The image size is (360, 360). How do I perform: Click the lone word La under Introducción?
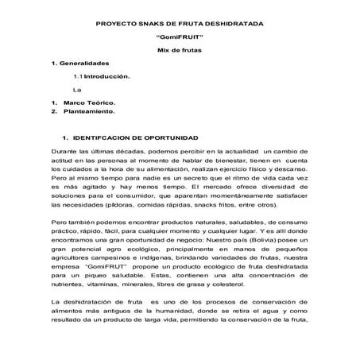pyautogui.click(x=78, y=90)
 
